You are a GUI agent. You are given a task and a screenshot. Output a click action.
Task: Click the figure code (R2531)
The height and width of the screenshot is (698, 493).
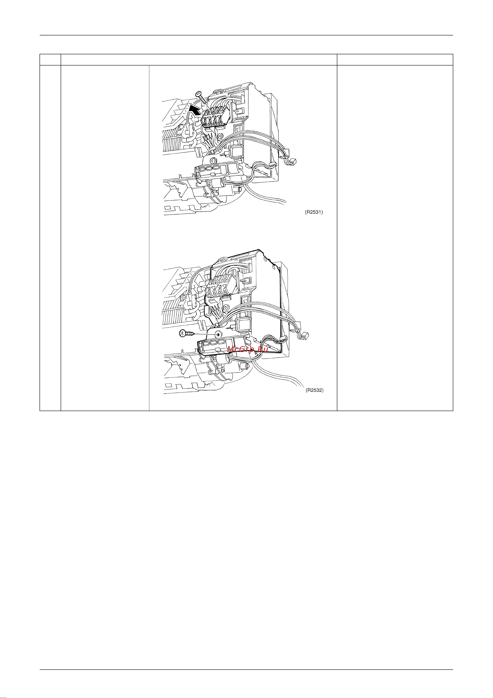(x=314, y=212)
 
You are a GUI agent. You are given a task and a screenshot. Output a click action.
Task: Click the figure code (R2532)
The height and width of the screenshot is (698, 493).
(x=314, y=390)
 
